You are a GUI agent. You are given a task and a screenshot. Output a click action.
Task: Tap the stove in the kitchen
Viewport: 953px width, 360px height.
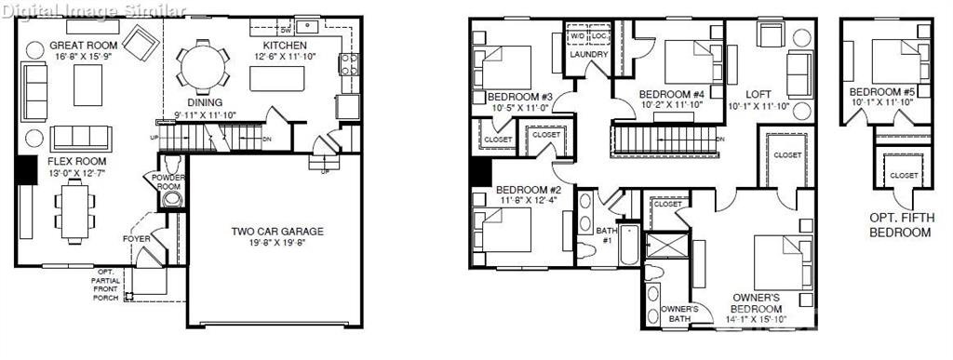click(350, 64)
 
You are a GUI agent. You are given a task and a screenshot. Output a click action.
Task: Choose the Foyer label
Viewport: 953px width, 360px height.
click(137, 239)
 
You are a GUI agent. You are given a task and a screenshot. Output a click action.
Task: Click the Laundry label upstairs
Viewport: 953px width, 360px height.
click(589, 55)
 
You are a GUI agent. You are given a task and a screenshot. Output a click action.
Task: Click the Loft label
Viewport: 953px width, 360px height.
click(759, 94)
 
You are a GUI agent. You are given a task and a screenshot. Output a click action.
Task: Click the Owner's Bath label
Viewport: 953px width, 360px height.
click(679, 314)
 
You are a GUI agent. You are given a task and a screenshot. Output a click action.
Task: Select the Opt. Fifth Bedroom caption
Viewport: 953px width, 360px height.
click(899, 224)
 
